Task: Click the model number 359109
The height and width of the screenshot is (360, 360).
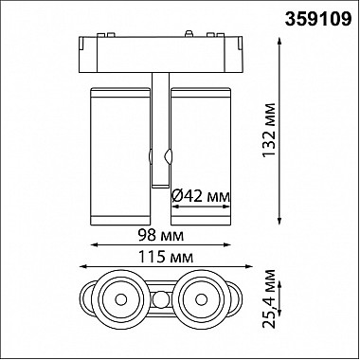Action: point(318,20)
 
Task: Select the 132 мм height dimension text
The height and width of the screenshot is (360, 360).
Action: point(270,130)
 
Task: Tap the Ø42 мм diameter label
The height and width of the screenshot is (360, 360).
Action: point(201,197)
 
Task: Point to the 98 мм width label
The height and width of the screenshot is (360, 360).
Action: point(161,236)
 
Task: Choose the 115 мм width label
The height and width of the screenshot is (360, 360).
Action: point(166,258)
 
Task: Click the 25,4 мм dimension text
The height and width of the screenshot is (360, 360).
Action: point(270,298)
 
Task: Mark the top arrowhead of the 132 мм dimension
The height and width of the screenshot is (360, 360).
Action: point(279,41)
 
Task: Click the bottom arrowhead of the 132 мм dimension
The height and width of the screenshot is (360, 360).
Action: point(279,221)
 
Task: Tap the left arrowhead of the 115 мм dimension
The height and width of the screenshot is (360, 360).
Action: point(83,266)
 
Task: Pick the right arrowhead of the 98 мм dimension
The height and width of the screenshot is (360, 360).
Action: point(227,244)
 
